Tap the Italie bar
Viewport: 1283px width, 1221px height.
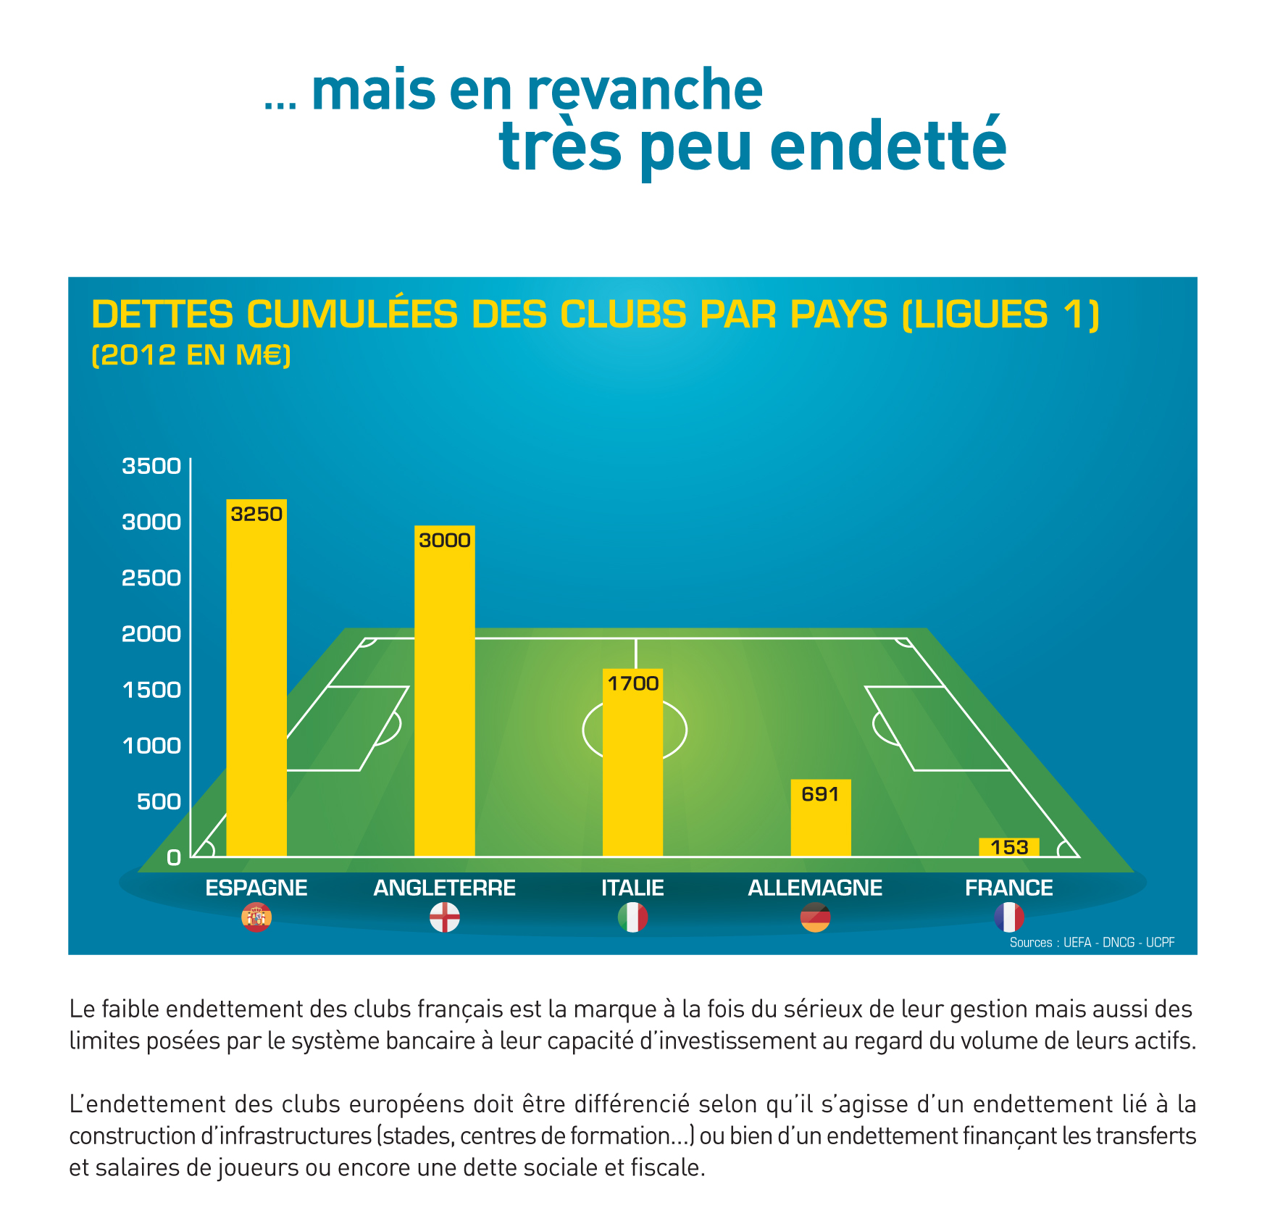[x=632, y=768]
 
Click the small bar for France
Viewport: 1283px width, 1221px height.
[x=1008, y=847]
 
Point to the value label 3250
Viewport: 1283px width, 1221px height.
[x=256, y=514]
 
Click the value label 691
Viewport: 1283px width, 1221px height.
[x=820, y=794]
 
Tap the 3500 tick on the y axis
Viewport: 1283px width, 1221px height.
[x=151, y=466]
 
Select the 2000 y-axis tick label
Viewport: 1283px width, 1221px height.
[x=151, y=634]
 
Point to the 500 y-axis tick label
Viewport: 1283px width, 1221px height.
[x=159, y=801]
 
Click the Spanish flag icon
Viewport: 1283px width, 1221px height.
[x=256, y=917]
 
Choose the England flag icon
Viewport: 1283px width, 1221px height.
[x=444, y=917]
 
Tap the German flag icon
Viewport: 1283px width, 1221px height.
[x=815, y=917]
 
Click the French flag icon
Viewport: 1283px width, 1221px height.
[x=1008, y=917]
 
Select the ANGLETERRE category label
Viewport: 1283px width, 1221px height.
[x=444, y=888]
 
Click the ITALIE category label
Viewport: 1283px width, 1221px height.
[x=632, y=888]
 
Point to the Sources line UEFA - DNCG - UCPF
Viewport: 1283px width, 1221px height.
[x=1092, y=942]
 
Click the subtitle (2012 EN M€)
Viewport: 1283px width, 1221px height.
[x=191, y=355]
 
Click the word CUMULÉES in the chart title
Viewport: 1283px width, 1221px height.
[x=352, y=314]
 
